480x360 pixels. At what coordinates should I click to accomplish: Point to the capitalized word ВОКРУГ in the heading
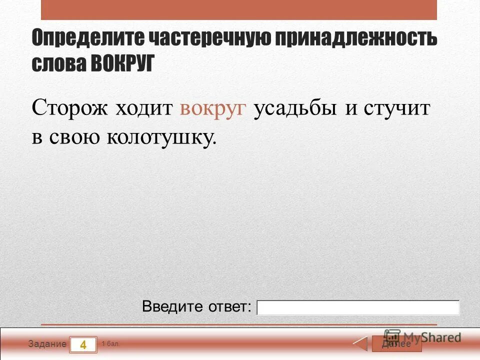click(123, 64)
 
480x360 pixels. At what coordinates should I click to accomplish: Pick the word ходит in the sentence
click(144, 108)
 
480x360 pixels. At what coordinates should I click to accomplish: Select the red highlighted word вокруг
click(213, 108)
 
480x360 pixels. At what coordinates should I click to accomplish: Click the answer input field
click(358, 307)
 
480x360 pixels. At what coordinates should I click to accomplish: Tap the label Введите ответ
click(196, 306)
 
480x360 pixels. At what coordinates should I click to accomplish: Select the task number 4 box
click(83, 344)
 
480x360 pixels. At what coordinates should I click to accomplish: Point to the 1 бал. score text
click(110, 344)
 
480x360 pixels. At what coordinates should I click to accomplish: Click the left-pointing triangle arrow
click(360, 344)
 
